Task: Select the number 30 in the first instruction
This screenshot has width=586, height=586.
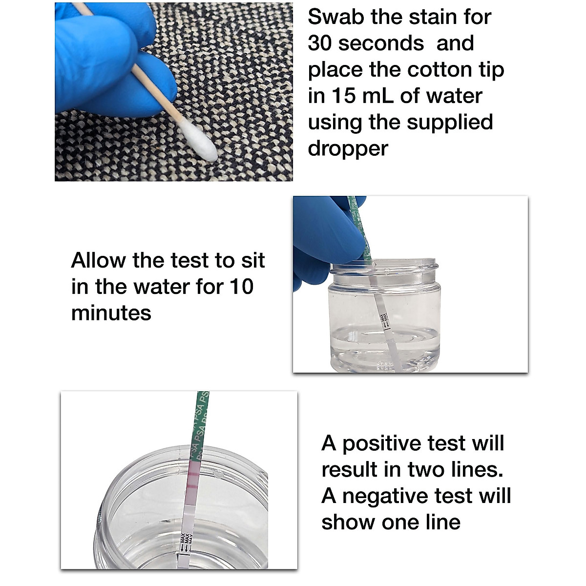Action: [320, 43]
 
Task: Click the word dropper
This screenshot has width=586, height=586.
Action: [348, 148]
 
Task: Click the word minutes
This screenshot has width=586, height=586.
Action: [111, 313]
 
